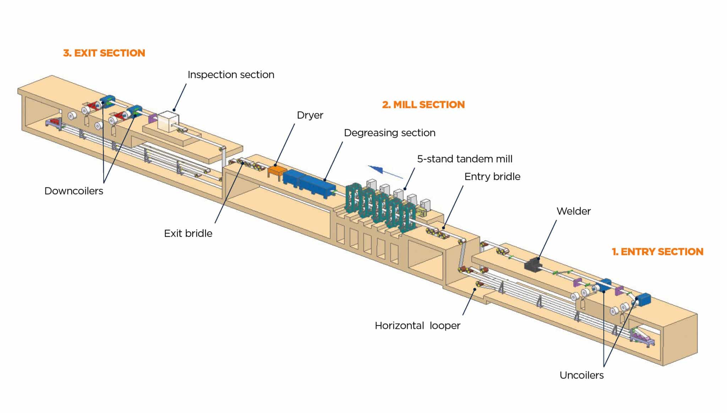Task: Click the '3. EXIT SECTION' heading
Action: click(104, 53)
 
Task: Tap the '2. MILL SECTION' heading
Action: click(423, 105)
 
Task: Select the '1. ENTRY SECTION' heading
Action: click(657, 252)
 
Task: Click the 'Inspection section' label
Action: click(231, 75)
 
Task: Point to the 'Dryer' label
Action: click(310, 115)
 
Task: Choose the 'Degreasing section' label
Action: click(389, 133)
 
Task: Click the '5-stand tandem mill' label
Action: click(464, 159)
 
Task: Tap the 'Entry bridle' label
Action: click(492, 177)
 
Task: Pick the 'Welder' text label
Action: click(573, 211)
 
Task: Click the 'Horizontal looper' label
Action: click(417, 325)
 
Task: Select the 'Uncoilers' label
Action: click(581, 375)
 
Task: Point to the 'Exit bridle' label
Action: click(188, 233)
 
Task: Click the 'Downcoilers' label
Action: click(74, 191)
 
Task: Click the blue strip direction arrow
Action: click(385, 171)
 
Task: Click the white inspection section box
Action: click(168, 121)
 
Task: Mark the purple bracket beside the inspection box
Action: click(153, 119)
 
